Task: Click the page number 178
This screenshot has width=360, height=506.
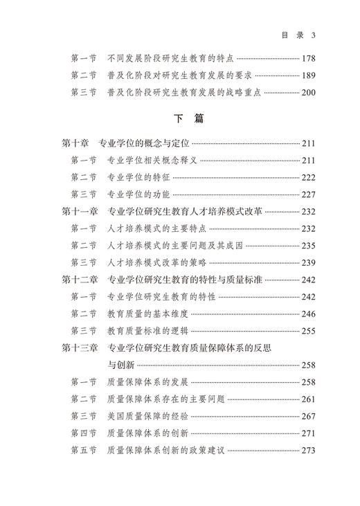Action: click(x=309, y=58)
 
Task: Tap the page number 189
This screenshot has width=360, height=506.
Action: click(x=309, y=75)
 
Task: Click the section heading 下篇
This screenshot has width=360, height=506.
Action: click(x=189, y=119)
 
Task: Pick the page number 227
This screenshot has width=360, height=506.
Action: click(x=309, y=195)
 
